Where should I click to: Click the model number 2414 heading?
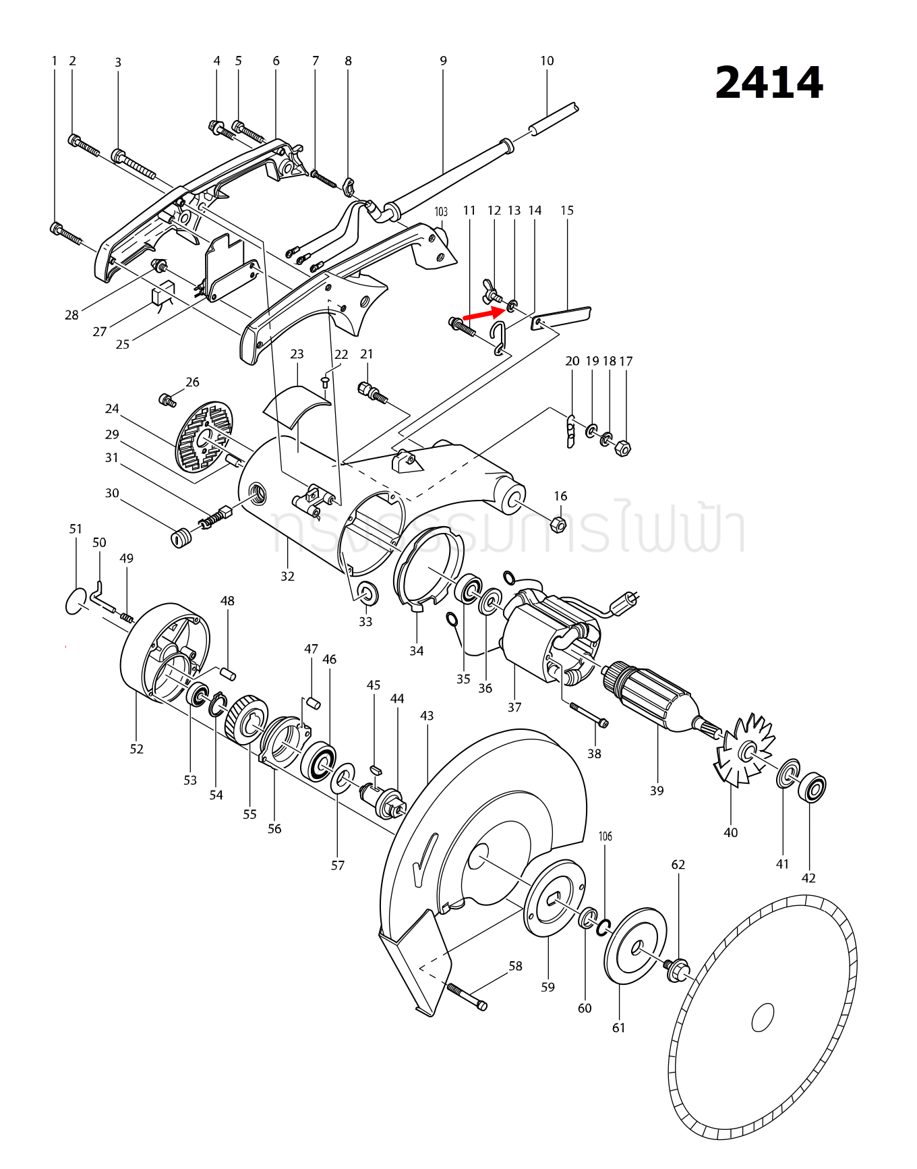(x=769, y=83)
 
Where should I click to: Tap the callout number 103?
(x=441, y=212)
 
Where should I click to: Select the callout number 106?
(x=605, y=836)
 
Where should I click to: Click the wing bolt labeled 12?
(x=491, y=292)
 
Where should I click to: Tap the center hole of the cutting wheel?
(x=763, y=1017)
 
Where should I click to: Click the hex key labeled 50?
(x=98, y=596)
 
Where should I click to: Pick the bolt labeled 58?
(x=467, y=997)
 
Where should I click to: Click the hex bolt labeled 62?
(x=677, y=970)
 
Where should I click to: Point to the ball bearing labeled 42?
(x=812, y=788)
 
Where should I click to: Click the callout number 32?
(x=288, y=576)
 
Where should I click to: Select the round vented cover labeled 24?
(x=204, y=436)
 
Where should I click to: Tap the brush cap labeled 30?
(x=179, y=538)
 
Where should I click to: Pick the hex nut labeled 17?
(x=624, y=447)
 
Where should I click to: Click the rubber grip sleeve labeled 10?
(x=554, y=119)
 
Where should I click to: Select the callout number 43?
(x=427, y=716)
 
